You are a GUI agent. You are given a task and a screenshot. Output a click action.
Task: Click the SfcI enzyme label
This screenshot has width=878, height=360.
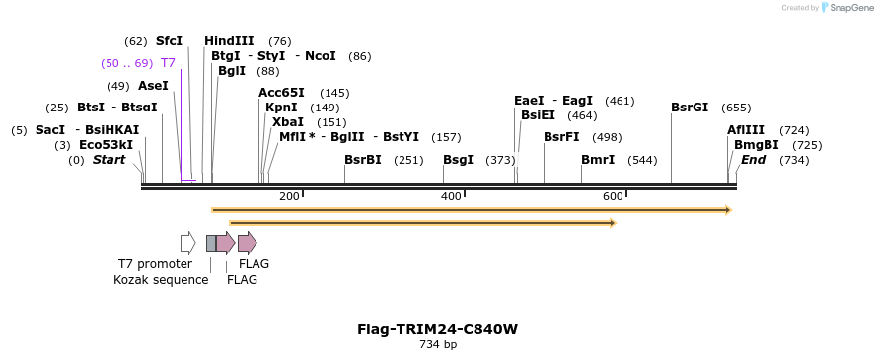pyautogui.click(x=169, y=41)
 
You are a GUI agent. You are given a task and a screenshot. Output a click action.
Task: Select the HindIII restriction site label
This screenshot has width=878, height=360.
pyautogui.click(x=229, y=41)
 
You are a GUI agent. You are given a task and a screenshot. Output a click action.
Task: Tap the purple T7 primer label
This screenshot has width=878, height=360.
pyautogui.click(x=168, y=63)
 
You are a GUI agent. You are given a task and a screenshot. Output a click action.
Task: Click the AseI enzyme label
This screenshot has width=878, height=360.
pyautogui.click(x=153, y=86)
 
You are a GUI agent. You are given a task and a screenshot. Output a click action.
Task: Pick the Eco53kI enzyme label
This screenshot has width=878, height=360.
pyautogui.click(x=106, y=145)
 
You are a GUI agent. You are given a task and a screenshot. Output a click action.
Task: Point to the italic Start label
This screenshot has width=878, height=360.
pyautogui.click(x=109, y=160)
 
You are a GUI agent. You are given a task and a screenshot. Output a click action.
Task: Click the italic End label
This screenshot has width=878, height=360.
pyautogui.click(x=753, y=160)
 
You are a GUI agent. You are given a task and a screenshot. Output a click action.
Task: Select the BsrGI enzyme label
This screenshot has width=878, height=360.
pyautogui.click(x=690, y=108)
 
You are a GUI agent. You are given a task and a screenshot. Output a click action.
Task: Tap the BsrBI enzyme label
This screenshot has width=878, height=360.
pyautogui.click(x=362, y=160)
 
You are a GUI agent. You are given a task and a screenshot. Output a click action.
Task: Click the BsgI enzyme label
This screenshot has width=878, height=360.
pyautogui.click(x=458, y=160)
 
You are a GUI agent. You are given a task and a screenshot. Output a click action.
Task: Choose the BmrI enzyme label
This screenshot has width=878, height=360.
pyautogui.click(x=598, y=160)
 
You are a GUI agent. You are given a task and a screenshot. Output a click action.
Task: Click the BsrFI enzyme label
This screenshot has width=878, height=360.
pyautogui.click(x=561, y=137)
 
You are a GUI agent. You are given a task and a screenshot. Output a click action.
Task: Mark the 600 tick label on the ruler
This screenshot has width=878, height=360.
pyautogui.click(x=613, y=197)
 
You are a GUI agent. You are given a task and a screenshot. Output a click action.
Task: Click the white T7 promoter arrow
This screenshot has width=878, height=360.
pyautogui.click(x=187, y=243)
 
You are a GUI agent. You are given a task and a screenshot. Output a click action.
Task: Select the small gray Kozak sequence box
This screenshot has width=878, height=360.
pyautogui.click(x=211, y=243)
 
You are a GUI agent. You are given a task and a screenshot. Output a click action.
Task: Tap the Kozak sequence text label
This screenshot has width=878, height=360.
pyautogui.click(x=161, y=280)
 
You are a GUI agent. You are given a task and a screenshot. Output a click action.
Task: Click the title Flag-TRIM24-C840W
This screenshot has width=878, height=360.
pyautogui.click(x=437, y=329)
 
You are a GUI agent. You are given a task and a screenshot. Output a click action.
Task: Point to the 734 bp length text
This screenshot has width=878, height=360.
pyautogui.click(x=438, y=345)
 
